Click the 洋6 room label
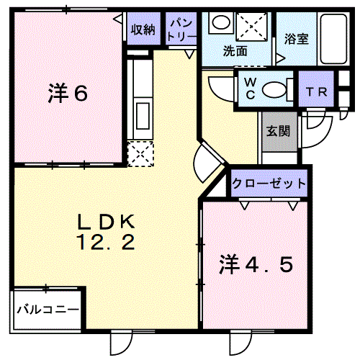(68, 94)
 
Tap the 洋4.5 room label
(256, 265)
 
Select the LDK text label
(106, 222)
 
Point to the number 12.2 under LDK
(106, 243)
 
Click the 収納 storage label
(143, 30)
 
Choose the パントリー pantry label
(181, 30)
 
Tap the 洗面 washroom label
(235, 51)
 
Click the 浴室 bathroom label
(297, 38)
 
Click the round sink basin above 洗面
(220, 22)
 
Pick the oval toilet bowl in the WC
(274, 90)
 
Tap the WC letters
(251, 89)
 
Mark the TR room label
(316, 91)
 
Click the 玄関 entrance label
(279, 131)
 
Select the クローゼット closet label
(269, 184)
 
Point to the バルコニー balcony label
(48, 310)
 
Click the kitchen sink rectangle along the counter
(143, 116)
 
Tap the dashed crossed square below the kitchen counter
(140, 154)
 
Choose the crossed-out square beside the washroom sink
(251, 26)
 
